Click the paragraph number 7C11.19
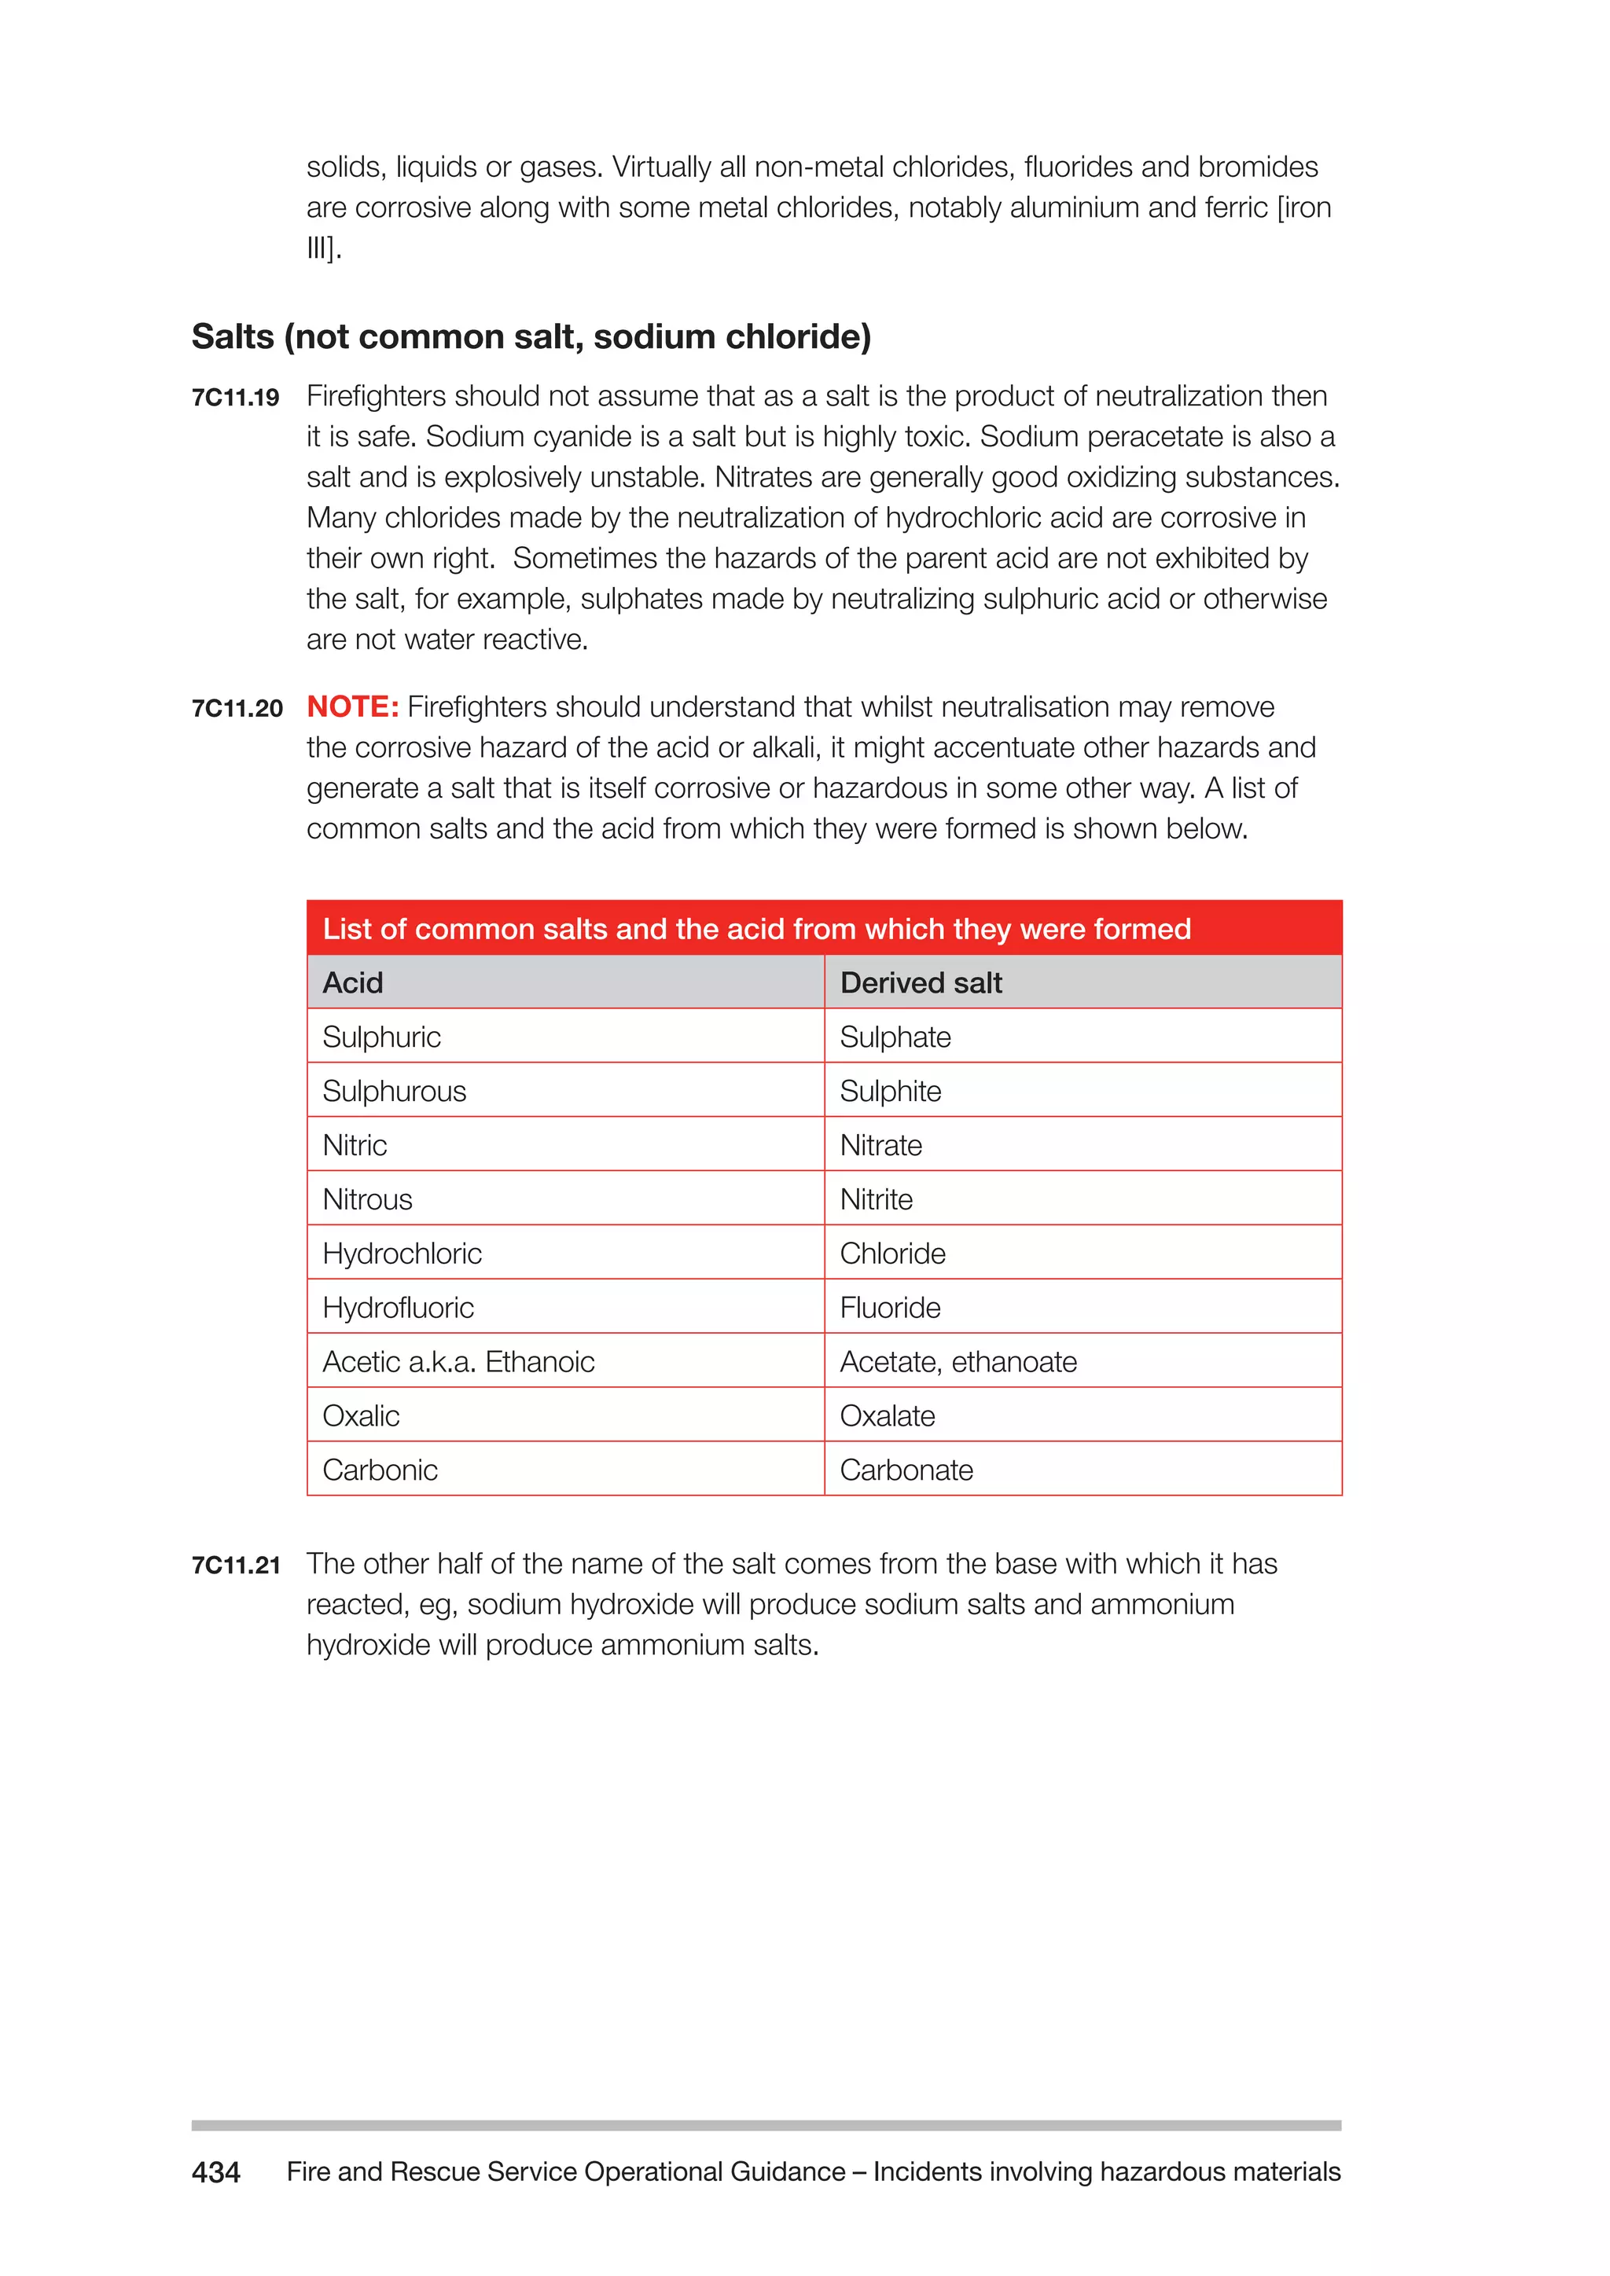pyautogui.click(x=235, y=398)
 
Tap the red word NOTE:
pyautogui.click(x=352, y=707)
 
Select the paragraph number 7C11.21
pyautogui.click(x=236, y=1566)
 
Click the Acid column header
pyautogui.click(x=353, y=982)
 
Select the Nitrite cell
pyautogui.click(x=876, y=1199)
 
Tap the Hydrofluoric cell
pyautogui.click(x=398, y=1308)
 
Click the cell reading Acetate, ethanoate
pyautogui.click(x=958, y=1362)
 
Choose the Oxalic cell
pyautogui.click(x=361, y=1415)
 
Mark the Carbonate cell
pyautogui.click(x=906, y=1470)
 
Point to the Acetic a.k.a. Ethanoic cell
pyautogui.click(x=458, y=1362)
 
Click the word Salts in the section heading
pyautogui.click(x=232, y=337)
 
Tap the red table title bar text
pyautogui.click(x=756, y=929)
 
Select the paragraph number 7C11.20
pyautogui.click(x=237, y=709)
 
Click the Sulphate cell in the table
pyautogui.click(x=894, y=1037)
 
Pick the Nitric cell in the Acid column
pyautogui.click(x=354, y=1145)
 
